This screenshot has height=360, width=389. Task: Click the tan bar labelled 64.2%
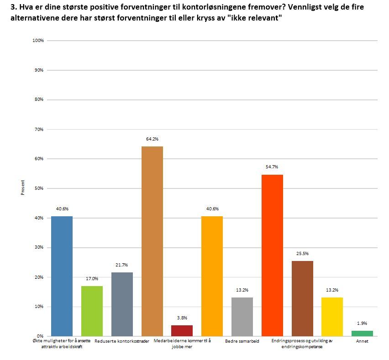[x=152, y=241]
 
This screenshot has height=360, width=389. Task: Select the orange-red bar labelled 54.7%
[x=272, y=255]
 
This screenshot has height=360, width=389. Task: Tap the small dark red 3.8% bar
[x=182, y=330]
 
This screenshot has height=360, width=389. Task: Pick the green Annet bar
[x=362, y=333]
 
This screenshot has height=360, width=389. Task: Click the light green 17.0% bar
[x=92, y=311]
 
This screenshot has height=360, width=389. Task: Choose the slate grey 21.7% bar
[x=122, y=304]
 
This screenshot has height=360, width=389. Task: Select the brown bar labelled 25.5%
[x=302, y=298]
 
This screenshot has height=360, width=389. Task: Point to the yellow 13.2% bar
[x=332, y=317]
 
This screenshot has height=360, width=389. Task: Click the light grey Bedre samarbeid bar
[x=242, y=317]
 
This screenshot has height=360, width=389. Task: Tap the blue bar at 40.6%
[x=62, y=276]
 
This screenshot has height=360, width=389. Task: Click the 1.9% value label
[x=362, y=323]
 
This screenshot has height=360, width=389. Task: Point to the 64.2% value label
[x=152, y=139]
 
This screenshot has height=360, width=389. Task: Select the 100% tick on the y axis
[x=38, y=41]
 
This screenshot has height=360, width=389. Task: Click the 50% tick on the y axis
[x=38, y=188]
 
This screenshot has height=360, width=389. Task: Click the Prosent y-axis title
[x=22, y=188]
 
